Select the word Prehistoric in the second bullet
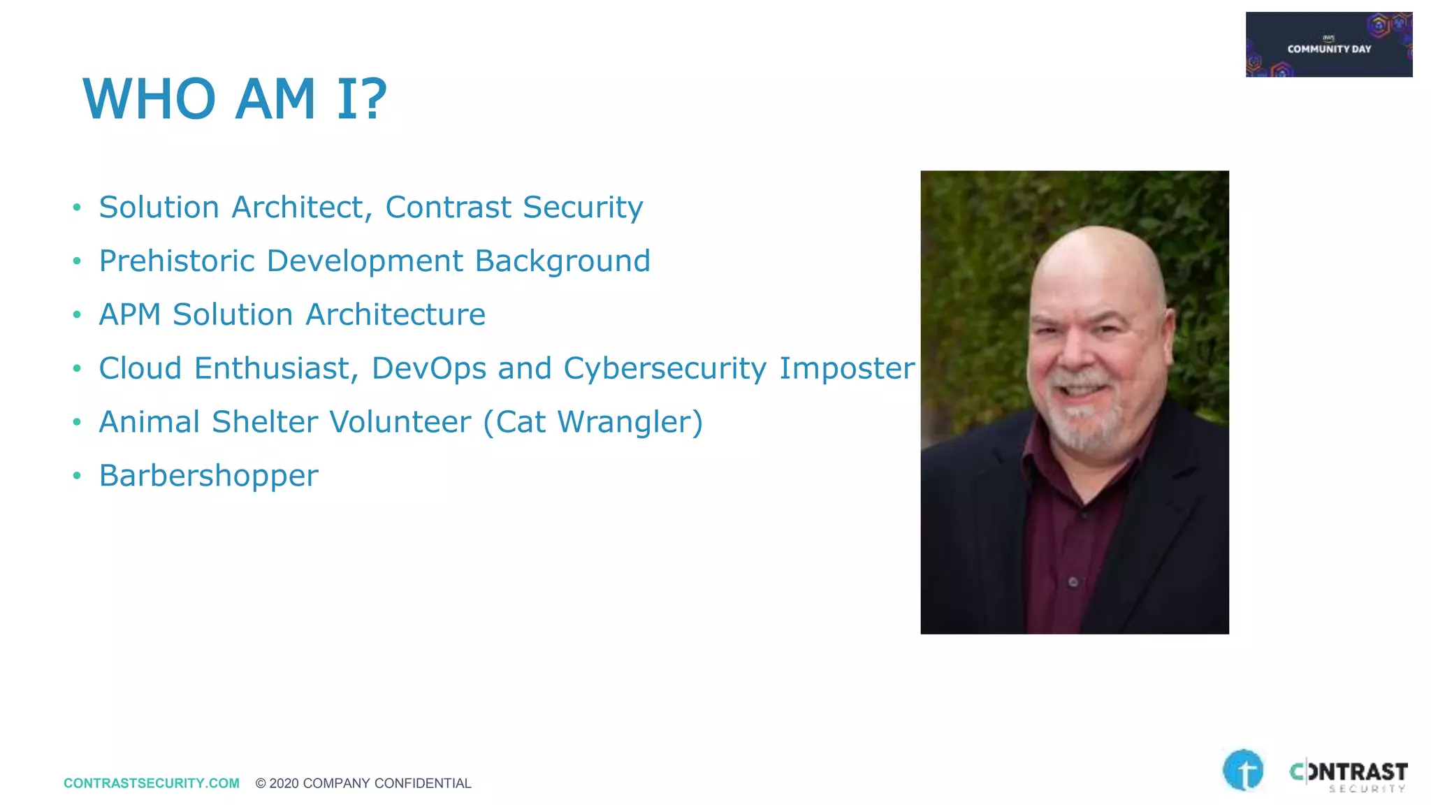pyautogui.click(x=177, y=261)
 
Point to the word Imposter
pyautogui.click(x=846, y=368)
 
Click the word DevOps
pyautogui.click(x=428, y=368)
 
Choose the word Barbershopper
pyautogui.click(x=208, y=476)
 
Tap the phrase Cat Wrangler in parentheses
pyautogui.click(x=593, y=422)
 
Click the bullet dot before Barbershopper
pyautogui.click(x=77, y=477)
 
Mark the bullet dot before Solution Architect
pyautogui.click(x=77, y=208)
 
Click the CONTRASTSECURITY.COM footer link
pyautogui.click(x=151, y=783)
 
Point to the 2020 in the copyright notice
pyautogui.click(x=284, y=783)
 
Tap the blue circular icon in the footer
pyautogui.click(x=1243, y=770)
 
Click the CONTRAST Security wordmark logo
pyautogui.click(x=1348, y=775)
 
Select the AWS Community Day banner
pyautogui.click(x=1328, y=44)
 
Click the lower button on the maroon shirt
pyautogui.click(x=1073, y=581)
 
